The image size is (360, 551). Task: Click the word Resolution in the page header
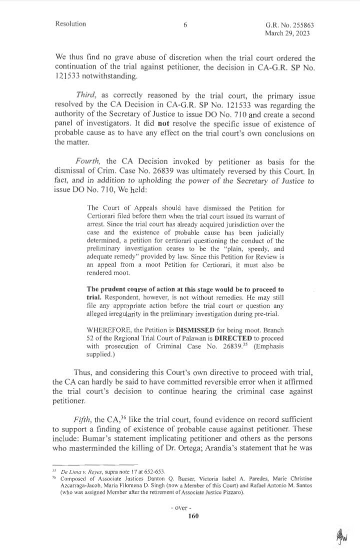pyautogui.click(x=71, y=23)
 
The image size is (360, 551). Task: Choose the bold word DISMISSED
pyautogui.click(x=194, y=330)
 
